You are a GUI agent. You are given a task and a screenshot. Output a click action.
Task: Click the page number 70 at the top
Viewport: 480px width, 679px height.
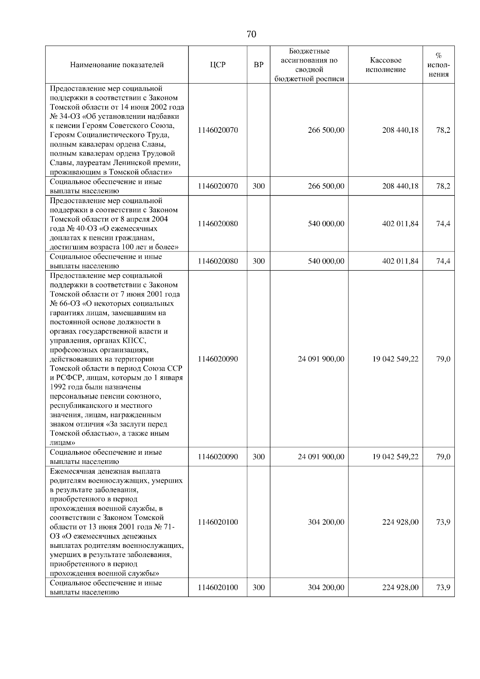251,34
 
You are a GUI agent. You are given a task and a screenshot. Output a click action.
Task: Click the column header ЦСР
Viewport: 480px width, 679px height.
218,65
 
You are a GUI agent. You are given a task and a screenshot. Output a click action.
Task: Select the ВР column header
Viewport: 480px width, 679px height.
258,65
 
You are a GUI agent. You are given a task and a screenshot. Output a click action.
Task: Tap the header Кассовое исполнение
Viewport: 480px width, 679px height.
385,65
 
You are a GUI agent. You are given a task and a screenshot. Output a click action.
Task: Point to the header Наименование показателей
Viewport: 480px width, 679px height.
117,65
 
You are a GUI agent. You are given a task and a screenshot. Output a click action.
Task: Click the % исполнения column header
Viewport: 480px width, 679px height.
438,65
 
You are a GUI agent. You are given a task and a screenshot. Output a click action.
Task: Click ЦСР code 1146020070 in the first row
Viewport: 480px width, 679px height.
218,130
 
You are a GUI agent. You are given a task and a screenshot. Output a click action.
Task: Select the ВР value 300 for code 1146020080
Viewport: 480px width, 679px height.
258,261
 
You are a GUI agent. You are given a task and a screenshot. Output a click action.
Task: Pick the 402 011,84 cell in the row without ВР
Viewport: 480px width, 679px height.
400,224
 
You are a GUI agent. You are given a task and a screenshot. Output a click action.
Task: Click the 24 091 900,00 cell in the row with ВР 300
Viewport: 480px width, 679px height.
321,457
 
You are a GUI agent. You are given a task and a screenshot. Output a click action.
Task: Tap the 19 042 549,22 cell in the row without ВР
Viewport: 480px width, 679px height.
395,359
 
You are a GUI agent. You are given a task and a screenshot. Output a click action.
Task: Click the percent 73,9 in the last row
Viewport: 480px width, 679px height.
443,587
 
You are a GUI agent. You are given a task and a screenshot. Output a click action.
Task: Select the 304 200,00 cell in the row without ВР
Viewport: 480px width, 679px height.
326,522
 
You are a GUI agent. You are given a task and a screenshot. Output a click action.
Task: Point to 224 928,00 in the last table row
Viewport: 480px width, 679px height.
400,587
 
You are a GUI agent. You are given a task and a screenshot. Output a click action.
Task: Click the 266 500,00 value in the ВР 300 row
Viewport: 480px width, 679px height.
326,186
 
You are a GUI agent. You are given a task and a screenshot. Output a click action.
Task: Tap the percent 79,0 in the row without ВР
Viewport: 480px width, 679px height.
443,359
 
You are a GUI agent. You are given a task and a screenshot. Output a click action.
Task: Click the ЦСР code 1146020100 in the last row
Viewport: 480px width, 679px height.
218,587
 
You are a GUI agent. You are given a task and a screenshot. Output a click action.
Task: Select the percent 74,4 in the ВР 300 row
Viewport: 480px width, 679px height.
443,261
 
